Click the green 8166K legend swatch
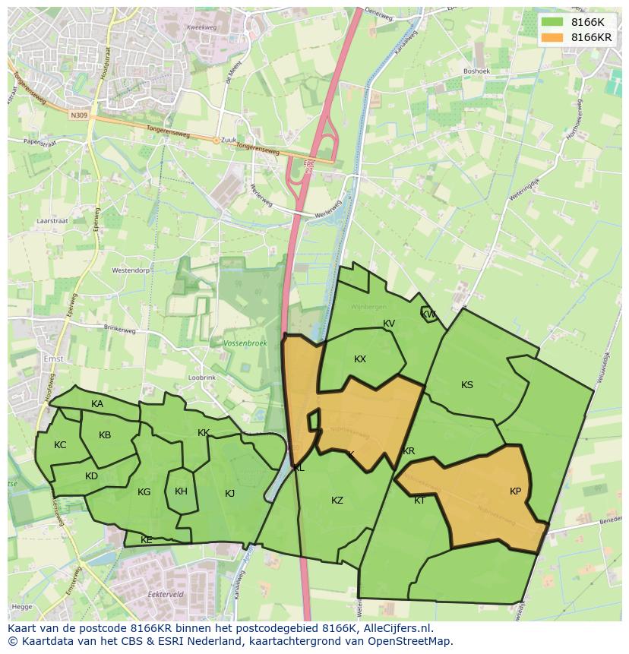(x=553, y=22)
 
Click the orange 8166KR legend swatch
(x=553, y=37)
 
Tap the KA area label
(x=97, y=404)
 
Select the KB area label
(x=105, y=435)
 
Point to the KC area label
(x=60, y=445)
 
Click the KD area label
(x=91, y=476)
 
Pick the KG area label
(x=144, y=492)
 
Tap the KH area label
(x=181, y=491)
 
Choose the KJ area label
(x=230, y=494)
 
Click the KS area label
(x=467, y=385)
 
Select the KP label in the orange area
(x=516, y=491)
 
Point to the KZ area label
(x=337, y=501)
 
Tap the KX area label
(x=360, y=359)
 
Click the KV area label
(x=389, y=324)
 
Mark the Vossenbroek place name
(x=245, y=343)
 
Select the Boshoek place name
(x=477, y=71)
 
